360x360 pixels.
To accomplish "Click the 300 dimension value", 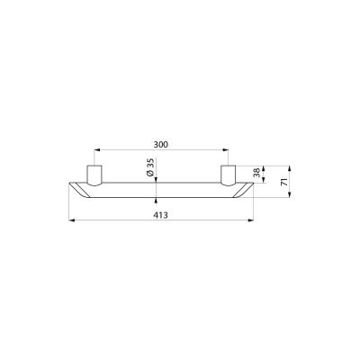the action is [161, 145].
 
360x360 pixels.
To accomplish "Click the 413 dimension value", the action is [161, 215].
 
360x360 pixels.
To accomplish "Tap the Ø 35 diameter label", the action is [150, 167].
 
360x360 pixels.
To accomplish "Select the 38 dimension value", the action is [256, 173].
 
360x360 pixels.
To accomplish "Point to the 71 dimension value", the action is [283, 182].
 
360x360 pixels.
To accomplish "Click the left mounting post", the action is [94, 175].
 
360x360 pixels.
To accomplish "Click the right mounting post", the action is [229, 175].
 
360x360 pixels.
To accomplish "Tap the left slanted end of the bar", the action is [79, 190].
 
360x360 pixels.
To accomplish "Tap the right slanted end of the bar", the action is [243, 190].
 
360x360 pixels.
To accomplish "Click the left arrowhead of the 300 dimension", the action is [97, 150].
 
